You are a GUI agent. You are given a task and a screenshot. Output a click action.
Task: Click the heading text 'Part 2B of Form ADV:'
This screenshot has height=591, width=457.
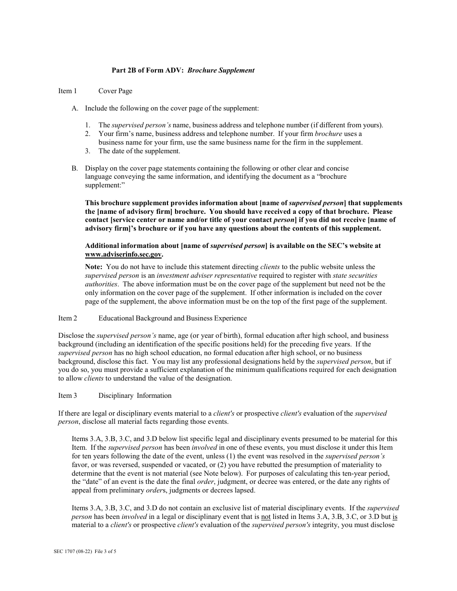(x=148, y=70)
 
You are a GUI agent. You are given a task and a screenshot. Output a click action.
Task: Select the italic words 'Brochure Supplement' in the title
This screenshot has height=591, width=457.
(x=221, y=70)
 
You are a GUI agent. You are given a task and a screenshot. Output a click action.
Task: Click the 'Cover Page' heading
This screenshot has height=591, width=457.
(x=115, y=91)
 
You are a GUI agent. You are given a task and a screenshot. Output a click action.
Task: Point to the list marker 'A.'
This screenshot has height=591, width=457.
(x=75, y=108)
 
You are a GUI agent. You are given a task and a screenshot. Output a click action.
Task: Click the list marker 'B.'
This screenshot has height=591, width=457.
(x=75, y=168)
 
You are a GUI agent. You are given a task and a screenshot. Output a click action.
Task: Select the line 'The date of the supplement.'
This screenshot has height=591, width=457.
(x=139, y=151)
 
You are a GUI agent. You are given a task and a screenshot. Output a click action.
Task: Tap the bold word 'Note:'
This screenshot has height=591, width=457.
(x=94, y=267)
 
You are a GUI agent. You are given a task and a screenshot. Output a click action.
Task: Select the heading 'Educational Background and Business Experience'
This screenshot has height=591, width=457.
(x=173, y=318)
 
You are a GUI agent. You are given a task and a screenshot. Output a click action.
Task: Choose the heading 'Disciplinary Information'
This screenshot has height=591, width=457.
(x=135, y=395)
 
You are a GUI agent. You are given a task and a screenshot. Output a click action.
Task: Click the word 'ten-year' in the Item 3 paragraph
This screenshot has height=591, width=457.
(x=347, y=473)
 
